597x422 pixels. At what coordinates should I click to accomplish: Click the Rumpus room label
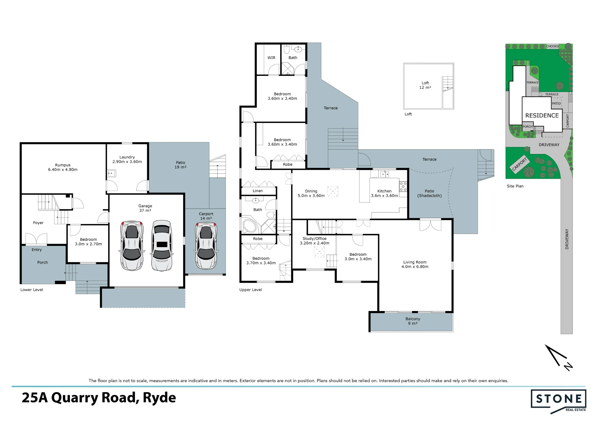[x=63, y=167]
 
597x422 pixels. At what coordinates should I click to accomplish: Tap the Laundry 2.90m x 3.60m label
[x=127, y=159]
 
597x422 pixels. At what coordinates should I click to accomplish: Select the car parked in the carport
[x=206, y=246]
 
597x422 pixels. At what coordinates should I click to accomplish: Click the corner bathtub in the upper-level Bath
[x=250, y=226]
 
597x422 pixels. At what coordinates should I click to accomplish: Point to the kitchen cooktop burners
[x=403, y=187]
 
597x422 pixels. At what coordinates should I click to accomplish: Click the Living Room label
[x=415, y=264]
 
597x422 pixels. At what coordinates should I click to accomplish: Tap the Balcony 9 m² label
[x=413, y=321]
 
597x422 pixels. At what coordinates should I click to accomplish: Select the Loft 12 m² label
[x=425, y=85]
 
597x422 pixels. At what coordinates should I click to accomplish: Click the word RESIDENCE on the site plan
[x=542, y=115]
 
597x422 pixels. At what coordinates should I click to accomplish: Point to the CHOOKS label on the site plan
[x=553, y=46]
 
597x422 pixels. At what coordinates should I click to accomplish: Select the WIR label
[x=271, y=58]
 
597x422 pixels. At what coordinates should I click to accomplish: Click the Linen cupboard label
[x=258, y=191]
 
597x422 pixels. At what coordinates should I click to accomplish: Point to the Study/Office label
[x=315, y=241]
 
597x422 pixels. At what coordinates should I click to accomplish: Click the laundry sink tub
[x=112, y=173]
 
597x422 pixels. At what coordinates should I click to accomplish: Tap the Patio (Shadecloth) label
[x=430, y=193]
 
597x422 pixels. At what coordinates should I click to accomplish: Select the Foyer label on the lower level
[x=38, y=223]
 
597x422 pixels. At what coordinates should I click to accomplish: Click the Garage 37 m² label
[x=145, y=208]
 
